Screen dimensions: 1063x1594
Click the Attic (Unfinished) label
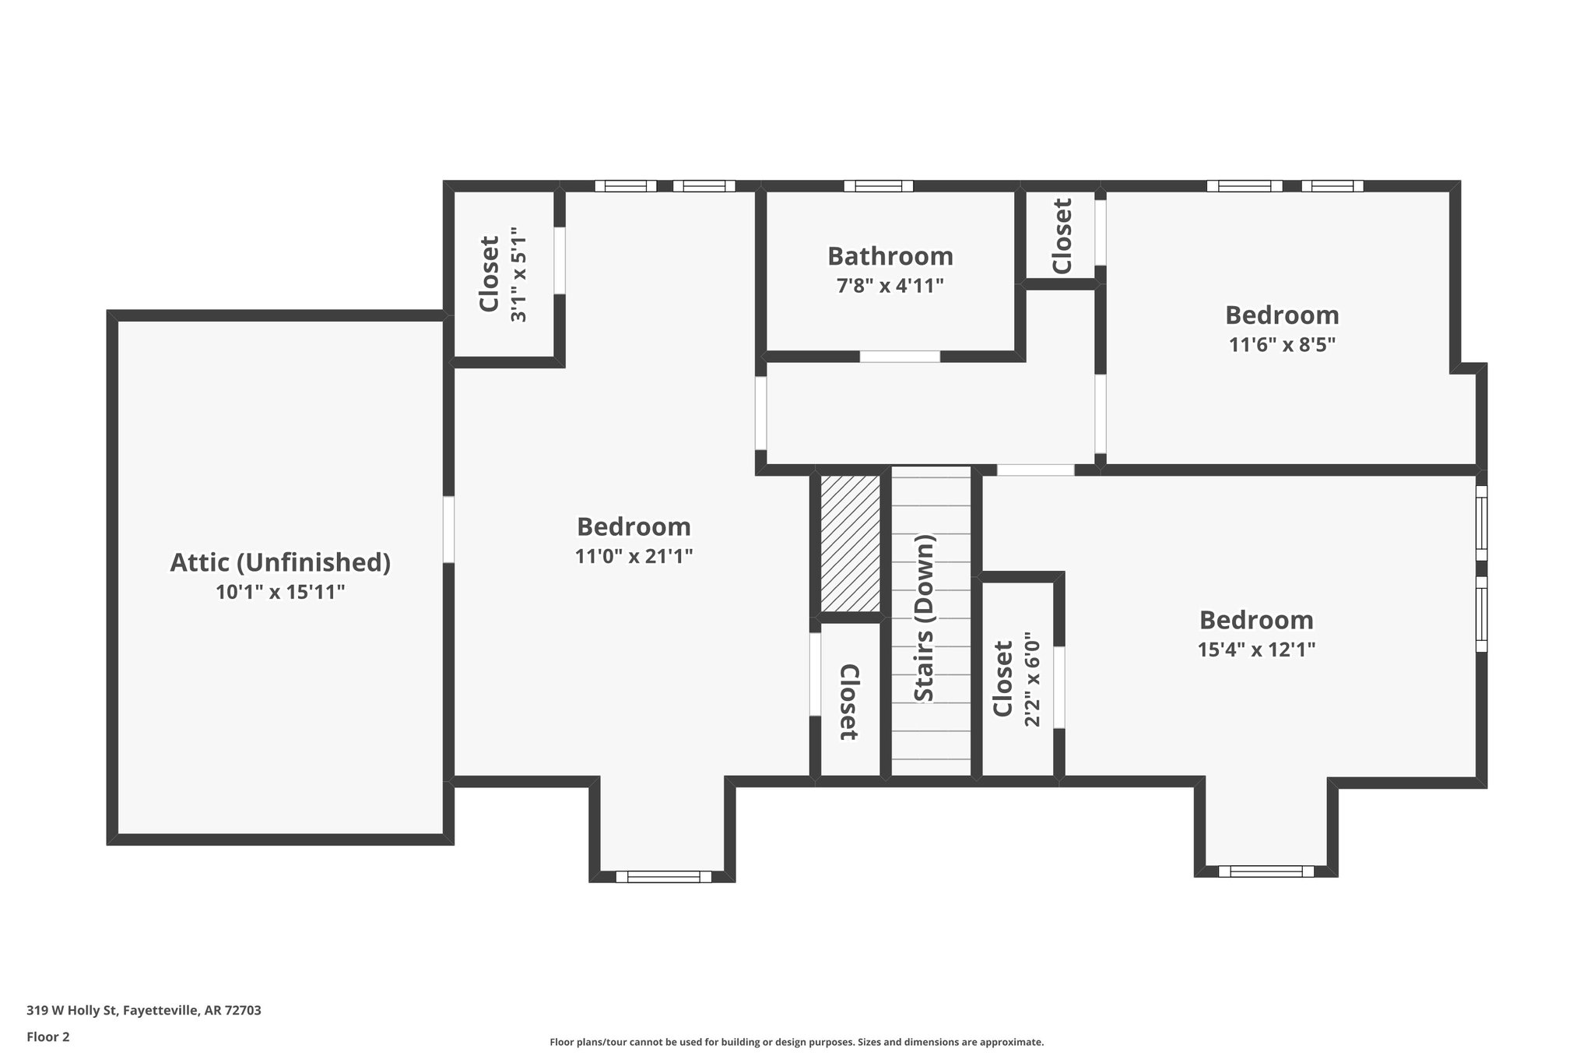(x=280, y=562)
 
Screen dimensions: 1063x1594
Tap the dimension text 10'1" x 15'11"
(x=280, y=593)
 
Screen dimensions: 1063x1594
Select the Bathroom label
(x=890, y=256)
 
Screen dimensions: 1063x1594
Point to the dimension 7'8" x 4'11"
(x=890, y=286)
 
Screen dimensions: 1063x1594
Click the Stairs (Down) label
(x=925, y=618)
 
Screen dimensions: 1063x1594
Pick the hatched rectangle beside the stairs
(x=851, y=544)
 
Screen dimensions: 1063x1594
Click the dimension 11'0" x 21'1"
(x=634, y=557)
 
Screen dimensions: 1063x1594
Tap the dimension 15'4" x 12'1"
(x=1256, y=650)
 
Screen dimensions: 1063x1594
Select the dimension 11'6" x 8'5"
(x=1282, y=345)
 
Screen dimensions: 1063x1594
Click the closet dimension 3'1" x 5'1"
(x=518, y=274)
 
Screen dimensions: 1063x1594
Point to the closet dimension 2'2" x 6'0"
(x=1032, y=679)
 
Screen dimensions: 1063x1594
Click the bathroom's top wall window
(x=879, y=186)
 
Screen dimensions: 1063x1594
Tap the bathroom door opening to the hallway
(x=900, y=357)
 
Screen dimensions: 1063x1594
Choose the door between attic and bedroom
(x=448, y=530)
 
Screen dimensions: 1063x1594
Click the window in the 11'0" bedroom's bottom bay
(x=663, y=877)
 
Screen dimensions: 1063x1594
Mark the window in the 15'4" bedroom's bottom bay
(x=1266, y=871)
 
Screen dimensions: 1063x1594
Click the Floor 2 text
(x=48, y=1037)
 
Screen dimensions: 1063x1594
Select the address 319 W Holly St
(x=144, y=1011)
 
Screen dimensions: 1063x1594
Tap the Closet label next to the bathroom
(x=1062, y=236)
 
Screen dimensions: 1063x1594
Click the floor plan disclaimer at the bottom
(x=796, y=1042)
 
